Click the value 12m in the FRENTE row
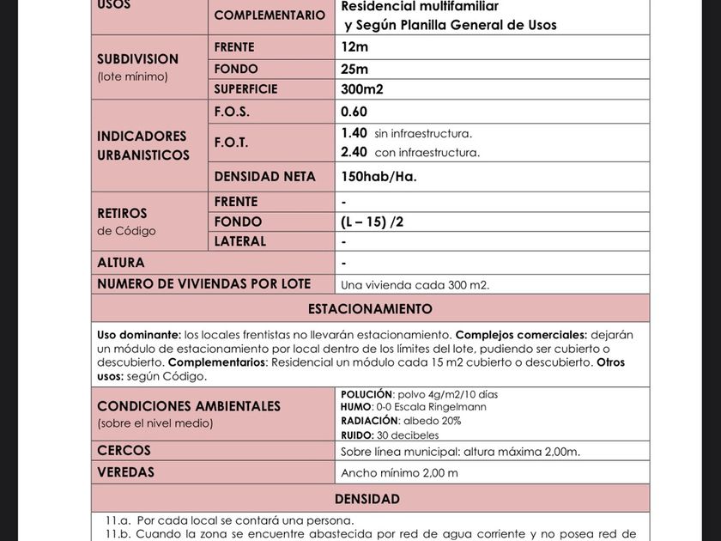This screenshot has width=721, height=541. tap(354, 47)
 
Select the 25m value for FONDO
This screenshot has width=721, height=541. tap(354, 69)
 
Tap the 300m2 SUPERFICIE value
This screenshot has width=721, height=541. tap(362, 89)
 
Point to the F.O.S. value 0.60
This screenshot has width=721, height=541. tap(354, 112)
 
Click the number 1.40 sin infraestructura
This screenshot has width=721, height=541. tap(354, 133)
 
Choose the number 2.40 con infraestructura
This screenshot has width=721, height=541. tap(354, 152)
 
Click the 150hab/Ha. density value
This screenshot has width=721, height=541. tap(379, 177)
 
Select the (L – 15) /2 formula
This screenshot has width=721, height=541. tap(372, 222)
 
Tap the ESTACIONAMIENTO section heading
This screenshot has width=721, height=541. tap(370, 309)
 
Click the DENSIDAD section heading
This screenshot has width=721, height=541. tap(367, 499)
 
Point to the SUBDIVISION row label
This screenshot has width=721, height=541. tap(138, 59)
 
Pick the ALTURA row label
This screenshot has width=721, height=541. tap(121, 263)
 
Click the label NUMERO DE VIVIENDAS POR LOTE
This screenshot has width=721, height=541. tap(204, 284)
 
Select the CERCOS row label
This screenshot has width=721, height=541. tap(124, 451)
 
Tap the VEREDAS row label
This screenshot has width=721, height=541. tap(126, 472)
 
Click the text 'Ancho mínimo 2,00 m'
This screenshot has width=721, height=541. tap(399, 473)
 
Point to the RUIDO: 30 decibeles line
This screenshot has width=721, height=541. tap(390, 435)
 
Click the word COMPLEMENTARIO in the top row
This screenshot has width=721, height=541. tap(270, 15)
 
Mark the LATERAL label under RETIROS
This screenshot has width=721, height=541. tap(240, 241)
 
